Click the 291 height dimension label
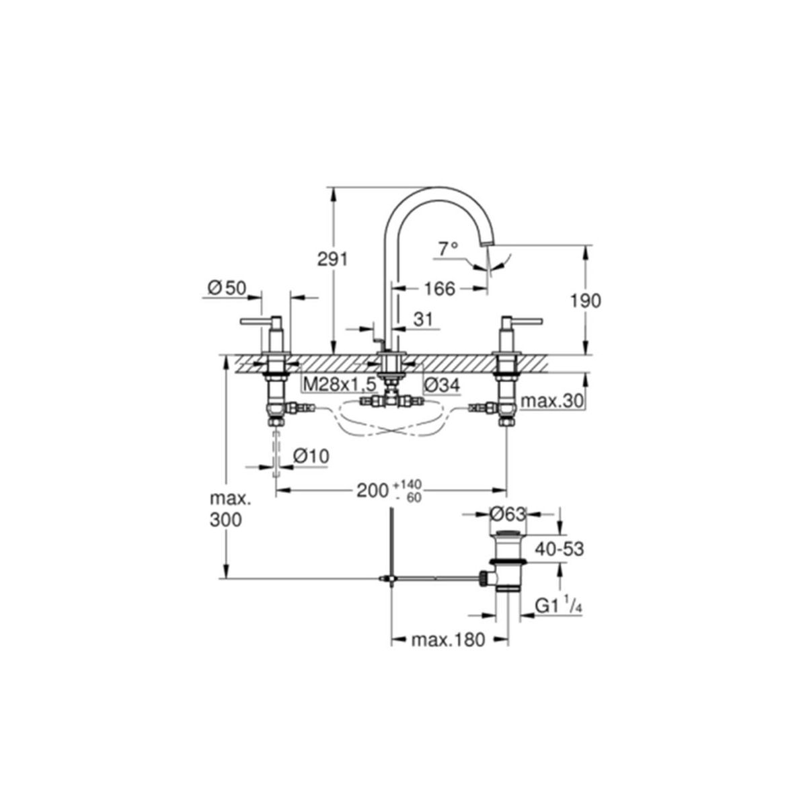tap(332, 260)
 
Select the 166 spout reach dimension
tap(439, 289)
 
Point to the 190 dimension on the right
tap(586, 301)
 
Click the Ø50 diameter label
tap(227, 288)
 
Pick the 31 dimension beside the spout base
tap(422, 319)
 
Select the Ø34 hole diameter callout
tap(442, 385)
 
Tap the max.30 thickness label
tap(552, 401)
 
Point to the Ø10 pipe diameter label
tap(311, 456)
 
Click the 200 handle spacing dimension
tap(372, 490)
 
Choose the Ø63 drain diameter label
tap(508, 514)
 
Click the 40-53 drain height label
tap(558, 549)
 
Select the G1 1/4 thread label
tap(559, 607)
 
